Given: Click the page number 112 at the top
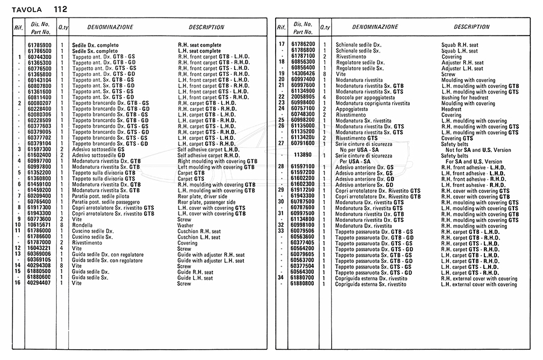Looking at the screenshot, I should click(x=60, y=9).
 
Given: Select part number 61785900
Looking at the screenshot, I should click(x=40, y=45).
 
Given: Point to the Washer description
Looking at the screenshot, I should click(x=186, y=225).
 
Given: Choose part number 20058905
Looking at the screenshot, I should click(x=303, y=97).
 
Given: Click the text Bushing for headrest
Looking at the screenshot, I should click(x=465, y=97).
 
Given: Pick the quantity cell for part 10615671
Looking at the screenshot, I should click(x=62, y=225).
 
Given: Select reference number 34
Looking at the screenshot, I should click(x=281, y=277).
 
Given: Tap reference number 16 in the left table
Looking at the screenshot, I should click(x=19, y=283).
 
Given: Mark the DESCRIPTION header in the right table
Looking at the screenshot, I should click(x=471, y=27).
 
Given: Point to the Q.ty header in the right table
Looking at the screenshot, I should click(x=325, y=27).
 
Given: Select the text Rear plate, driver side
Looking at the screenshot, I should click(x=202, y=196).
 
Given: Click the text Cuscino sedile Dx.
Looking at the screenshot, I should click(x=93, y=231).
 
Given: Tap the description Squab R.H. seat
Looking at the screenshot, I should click(x=459, y=45).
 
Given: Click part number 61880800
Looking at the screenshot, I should click(x=303, y=283).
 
